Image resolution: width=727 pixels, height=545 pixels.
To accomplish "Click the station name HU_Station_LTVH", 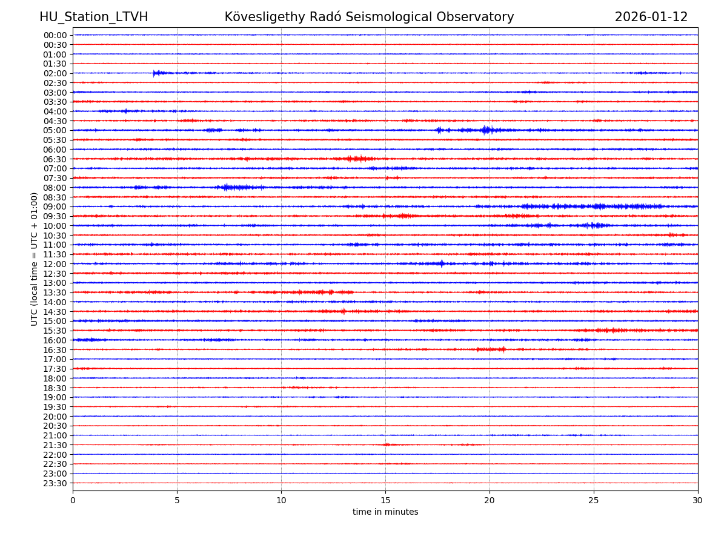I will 93,17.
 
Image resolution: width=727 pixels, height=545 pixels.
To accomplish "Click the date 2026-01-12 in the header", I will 651,17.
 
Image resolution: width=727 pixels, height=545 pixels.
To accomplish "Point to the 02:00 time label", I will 55,73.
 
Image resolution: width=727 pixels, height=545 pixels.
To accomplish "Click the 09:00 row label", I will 55,206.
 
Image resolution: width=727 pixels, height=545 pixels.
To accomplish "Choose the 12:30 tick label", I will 55,274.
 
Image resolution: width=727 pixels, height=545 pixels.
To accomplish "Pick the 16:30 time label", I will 55,350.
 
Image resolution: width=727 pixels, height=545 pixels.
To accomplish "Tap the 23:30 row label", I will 55,483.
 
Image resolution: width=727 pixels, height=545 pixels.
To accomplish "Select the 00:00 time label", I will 55,35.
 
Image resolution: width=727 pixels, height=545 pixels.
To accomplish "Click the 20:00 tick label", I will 55,417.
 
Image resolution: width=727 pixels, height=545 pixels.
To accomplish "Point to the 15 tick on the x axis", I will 385,501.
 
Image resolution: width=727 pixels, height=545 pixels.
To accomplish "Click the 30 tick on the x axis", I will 698,501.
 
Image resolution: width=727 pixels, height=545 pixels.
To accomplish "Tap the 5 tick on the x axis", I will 177,501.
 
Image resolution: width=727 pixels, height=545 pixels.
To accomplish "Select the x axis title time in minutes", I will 385,512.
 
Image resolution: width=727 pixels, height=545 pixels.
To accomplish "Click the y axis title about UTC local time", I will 35,259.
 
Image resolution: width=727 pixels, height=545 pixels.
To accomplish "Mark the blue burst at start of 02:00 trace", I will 157,73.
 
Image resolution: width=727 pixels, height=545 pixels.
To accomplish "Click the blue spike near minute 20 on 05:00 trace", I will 485,130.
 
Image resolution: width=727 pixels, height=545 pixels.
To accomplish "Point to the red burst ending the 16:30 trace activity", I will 500,349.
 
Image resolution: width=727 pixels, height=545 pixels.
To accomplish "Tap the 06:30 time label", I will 55,159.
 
